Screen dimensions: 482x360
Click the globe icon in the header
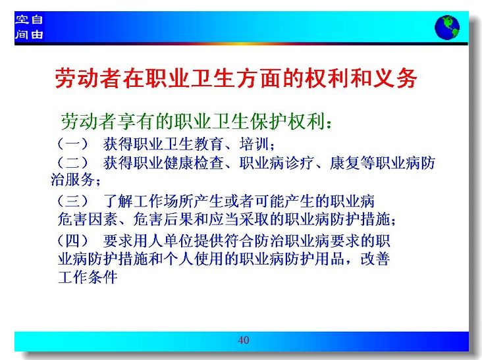[x=447, y=28]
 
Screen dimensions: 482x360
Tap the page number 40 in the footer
[x=244, y=340]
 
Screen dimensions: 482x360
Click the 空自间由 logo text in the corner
[x=29, y=27]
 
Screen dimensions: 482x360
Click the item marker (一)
[x=73, y=143]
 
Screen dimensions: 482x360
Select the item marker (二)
[x=73, y=163]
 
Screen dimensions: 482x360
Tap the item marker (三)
[x=73, y=201]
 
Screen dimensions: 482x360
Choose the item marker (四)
[x=73, y=241]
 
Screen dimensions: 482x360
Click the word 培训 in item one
[x=254, y=143]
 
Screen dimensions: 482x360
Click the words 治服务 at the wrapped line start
[x=72, y=180]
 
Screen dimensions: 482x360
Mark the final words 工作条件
[x=88, y=277]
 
